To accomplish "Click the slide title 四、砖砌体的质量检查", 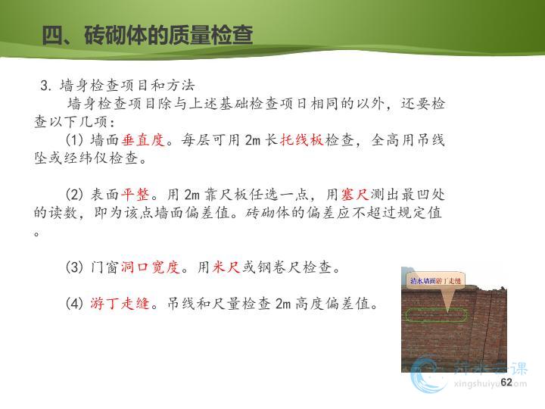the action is pos(148,35).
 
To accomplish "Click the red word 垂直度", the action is pos(143,140).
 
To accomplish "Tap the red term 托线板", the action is pos(302,140).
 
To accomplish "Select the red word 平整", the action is pos(135,195).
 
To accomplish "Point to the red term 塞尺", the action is pos(355,195).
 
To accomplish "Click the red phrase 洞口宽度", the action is pos(150,267).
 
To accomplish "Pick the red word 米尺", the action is pos(226,267).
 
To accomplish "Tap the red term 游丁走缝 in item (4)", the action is pos(120,303).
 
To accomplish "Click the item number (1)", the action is pos(74,140).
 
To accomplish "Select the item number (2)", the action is pos(74,195).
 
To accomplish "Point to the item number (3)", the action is pos(74,267).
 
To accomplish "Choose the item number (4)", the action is pos(74,303).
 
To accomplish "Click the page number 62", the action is pos(506,382).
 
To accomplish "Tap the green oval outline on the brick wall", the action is pos(436,310).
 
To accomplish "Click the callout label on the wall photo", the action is pos(435,281).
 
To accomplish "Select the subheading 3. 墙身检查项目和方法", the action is pos(117,85).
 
